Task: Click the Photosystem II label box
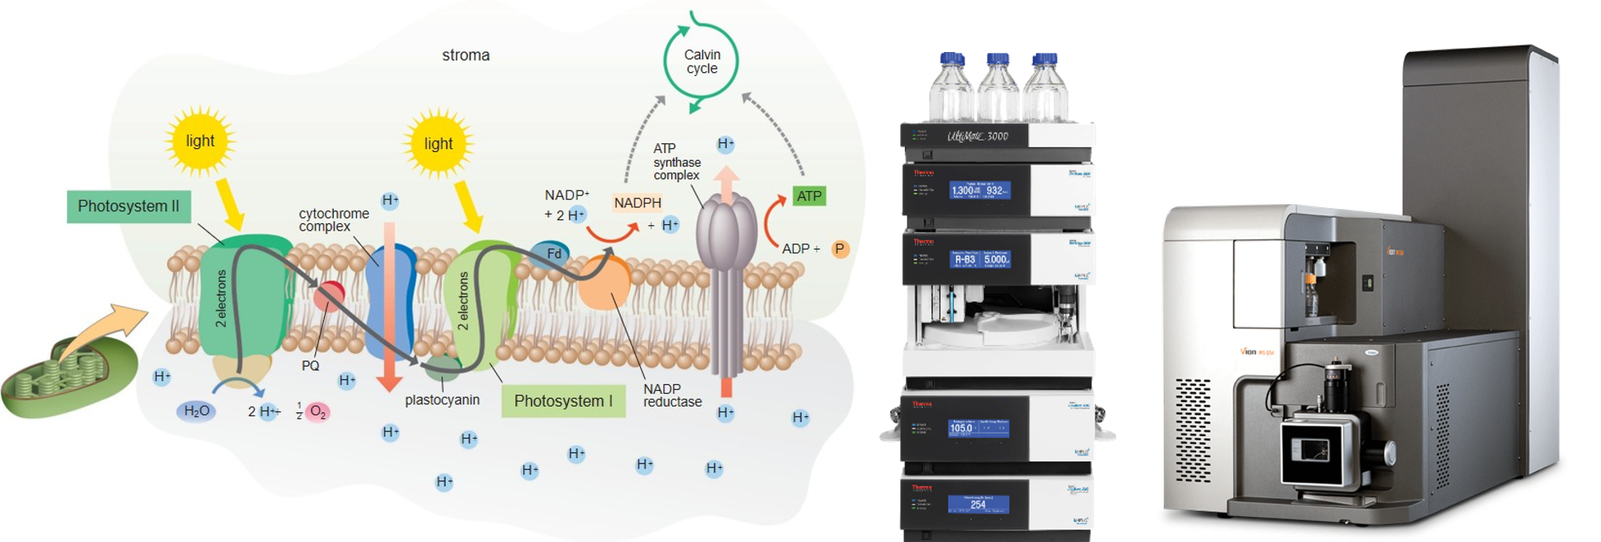(128, 207)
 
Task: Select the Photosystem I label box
(563, 401)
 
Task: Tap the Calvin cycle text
(702, 62)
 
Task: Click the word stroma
(466, 55)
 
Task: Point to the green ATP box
(809, 196)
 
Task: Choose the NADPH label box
(638, 203)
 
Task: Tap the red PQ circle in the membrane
(329, 295)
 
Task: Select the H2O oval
(197, 412)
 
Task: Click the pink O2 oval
(318, 412)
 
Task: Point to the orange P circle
(840, 249)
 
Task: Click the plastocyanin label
(442, 400)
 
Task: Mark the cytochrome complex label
(334, 220)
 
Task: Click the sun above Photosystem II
(199, 141)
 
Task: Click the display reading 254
(979, 504)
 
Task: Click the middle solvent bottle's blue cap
(998, 60)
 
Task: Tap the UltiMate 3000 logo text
(978, 136)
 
